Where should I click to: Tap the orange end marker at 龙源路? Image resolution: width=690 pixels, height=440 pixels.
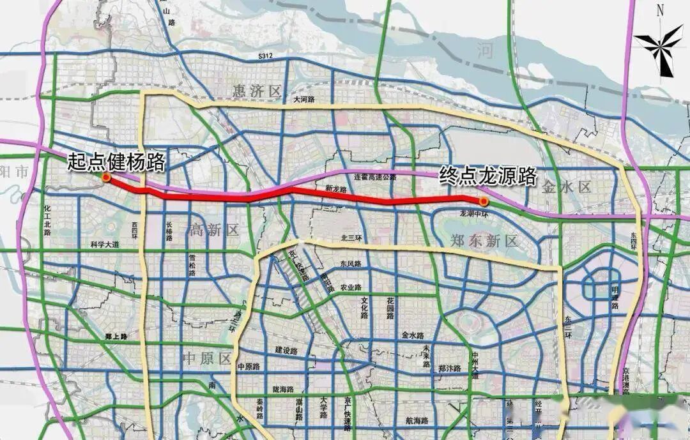pos(484,202)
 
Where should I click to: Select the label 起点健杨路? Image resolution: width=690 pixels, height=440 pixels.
pos(116,160)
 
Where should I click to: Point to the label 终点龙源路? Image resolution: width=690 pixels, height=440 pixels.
pos(487,176)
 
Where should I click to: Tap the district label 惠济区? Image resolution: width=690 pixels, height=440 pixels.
pos(257,92)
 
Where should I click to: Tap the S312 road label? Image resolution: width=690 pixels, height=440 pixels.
pos(266,57)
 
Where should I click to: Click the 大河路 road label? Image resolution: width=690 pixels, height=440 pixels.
pos(305,100)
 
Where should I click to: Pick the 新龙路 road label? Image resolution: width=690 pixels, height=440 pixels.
pos(335,190)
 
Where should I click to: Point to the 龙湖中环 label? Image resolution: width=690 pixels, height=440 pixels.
pos(473,213)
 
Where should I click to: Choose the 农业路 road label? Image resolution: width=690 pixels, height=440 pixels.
pos(350,287)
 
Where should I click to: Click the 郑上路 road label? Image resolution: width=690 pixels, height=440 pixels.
pos(117,335)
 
